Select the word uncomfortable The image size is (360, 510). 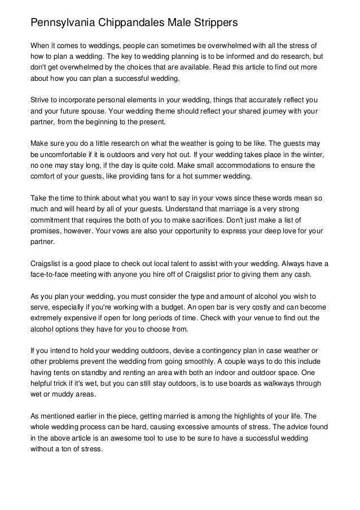click(x=62, y=154)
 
